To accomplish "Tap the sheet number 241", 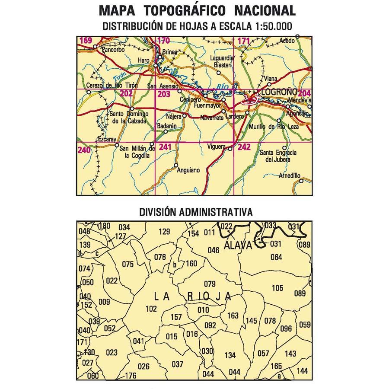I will pos(165,148).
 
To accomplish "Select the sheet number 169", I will pos(86,41).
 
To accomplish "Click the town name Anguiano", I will pos(189,171).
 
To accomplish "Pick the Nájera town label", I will pos(173,117).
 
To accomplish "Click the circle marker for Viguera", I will pos(230,150).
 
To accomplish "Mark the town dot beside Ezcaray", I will pos(116,145).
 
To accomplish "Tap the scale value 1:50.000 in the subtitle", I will pos(268,26).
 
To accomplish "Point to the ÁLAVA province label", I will pos(238,245).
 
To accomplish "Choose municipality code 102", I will pos(151,309).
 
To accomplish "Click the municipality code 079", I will pos(210,284).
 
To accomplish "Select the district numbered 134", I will pos(230,355).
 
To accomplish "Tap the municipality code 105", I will pos(277,288).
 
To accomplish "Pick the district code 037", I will pos(178,364).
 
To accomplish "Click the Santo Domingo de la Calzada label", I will pos(129,118).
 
